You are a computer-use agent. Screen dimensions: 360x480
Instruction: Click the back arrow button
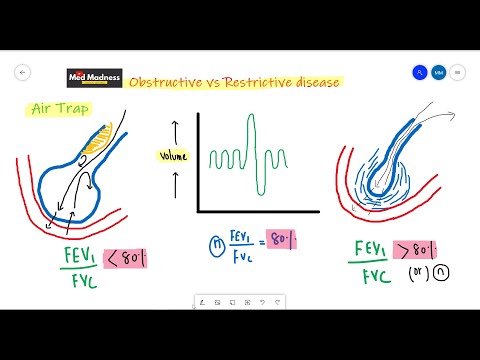tap(23, 73)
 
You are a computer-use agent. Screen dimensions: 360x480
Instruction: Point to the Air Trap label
tap(49, 107)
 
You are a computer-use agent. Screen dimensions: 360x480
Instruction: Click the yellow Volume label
tap(173, 155)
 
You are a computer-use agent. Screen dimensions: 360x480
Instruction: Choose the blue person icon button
tap(420, 73)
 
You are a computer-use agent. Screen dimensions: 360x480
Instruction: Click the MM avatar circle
tap(438, 73)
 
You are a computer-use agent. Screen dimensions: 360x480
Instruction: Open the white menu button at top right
tap(457, 73)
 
